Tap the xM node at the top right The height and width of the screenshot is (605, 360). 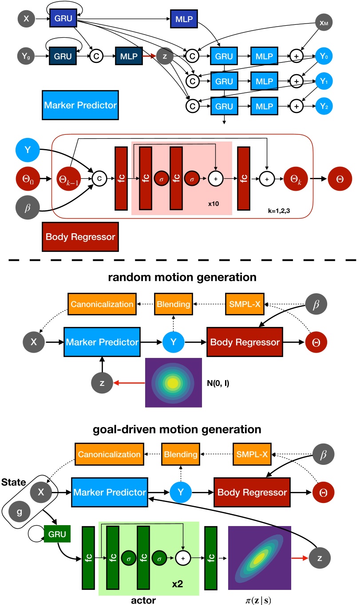point(324,21)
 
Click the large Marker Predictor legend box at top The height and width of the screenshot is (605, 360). point(80,105)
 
